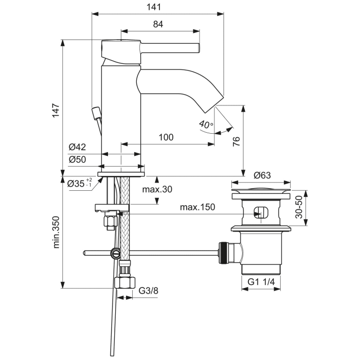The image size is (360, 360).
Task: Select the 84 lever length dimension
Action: pyautogui.click(x=158, y=24)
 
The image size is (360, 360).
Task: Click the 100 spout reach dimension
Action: pyautogui.click(x=166, y=137)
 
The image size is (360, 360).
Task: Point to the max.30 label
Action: pyautogui.click(x=157, y=189)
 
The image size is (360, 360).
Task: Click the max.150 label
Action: pyautogui.click(x=197, y=207)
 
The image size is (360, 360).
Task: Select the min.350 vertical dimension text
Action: pyautogui.click(x=56, y=232)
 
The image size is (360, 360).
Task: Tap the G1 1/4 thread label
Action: pyautogui.click(x=262, y=282)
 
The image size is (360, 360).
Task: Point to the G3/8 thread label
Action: pyautogui.click(x=149, y=291)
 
